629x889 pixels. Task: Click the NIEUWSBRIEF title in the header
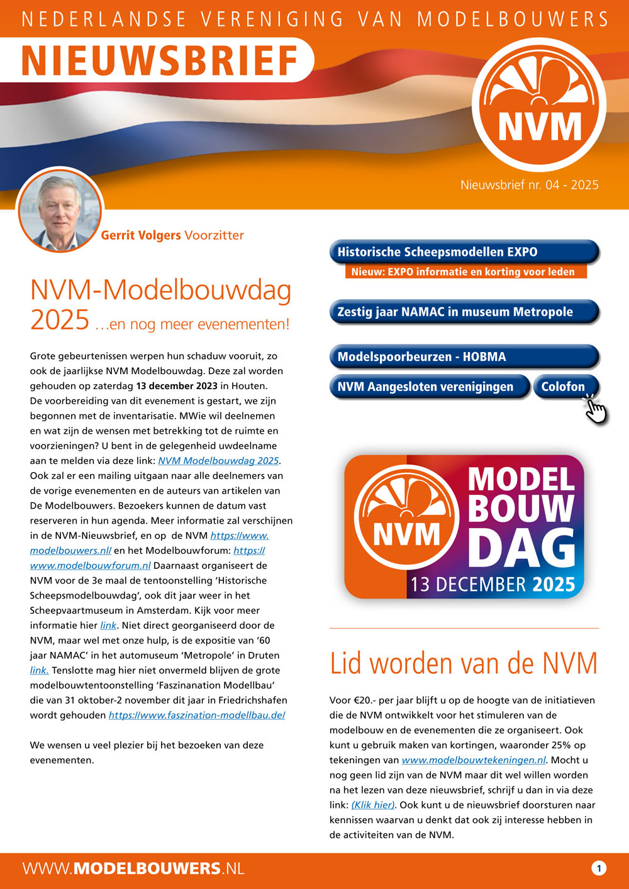[160, 60]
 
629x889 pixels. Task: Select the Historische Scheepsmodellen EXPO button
[463, 252]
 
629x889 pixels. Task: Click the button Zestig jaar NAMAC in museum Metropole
[463, 312]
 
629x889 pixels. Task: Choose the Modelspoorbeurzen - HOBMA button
[463, 356]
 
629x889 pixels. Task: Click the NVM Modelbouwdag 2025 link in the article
[218, 461]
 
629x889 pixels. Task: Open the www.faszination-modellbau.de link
[197, 715]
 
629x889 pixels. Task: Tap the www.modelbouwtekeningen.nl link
[474, 760]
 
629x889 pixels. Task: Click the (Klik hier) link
[373, 805]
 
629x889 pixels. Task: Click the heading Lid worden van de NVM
[464, 664]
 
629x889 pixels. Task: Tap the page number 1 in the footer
[599, 868]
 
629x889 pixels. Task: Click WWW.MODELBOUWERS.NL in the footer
[133, 868]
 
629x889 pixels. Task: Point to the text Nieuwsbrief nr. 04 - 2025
[529, 185]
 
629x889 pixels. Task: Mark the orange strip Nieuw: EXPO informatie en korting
[464, 272]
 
